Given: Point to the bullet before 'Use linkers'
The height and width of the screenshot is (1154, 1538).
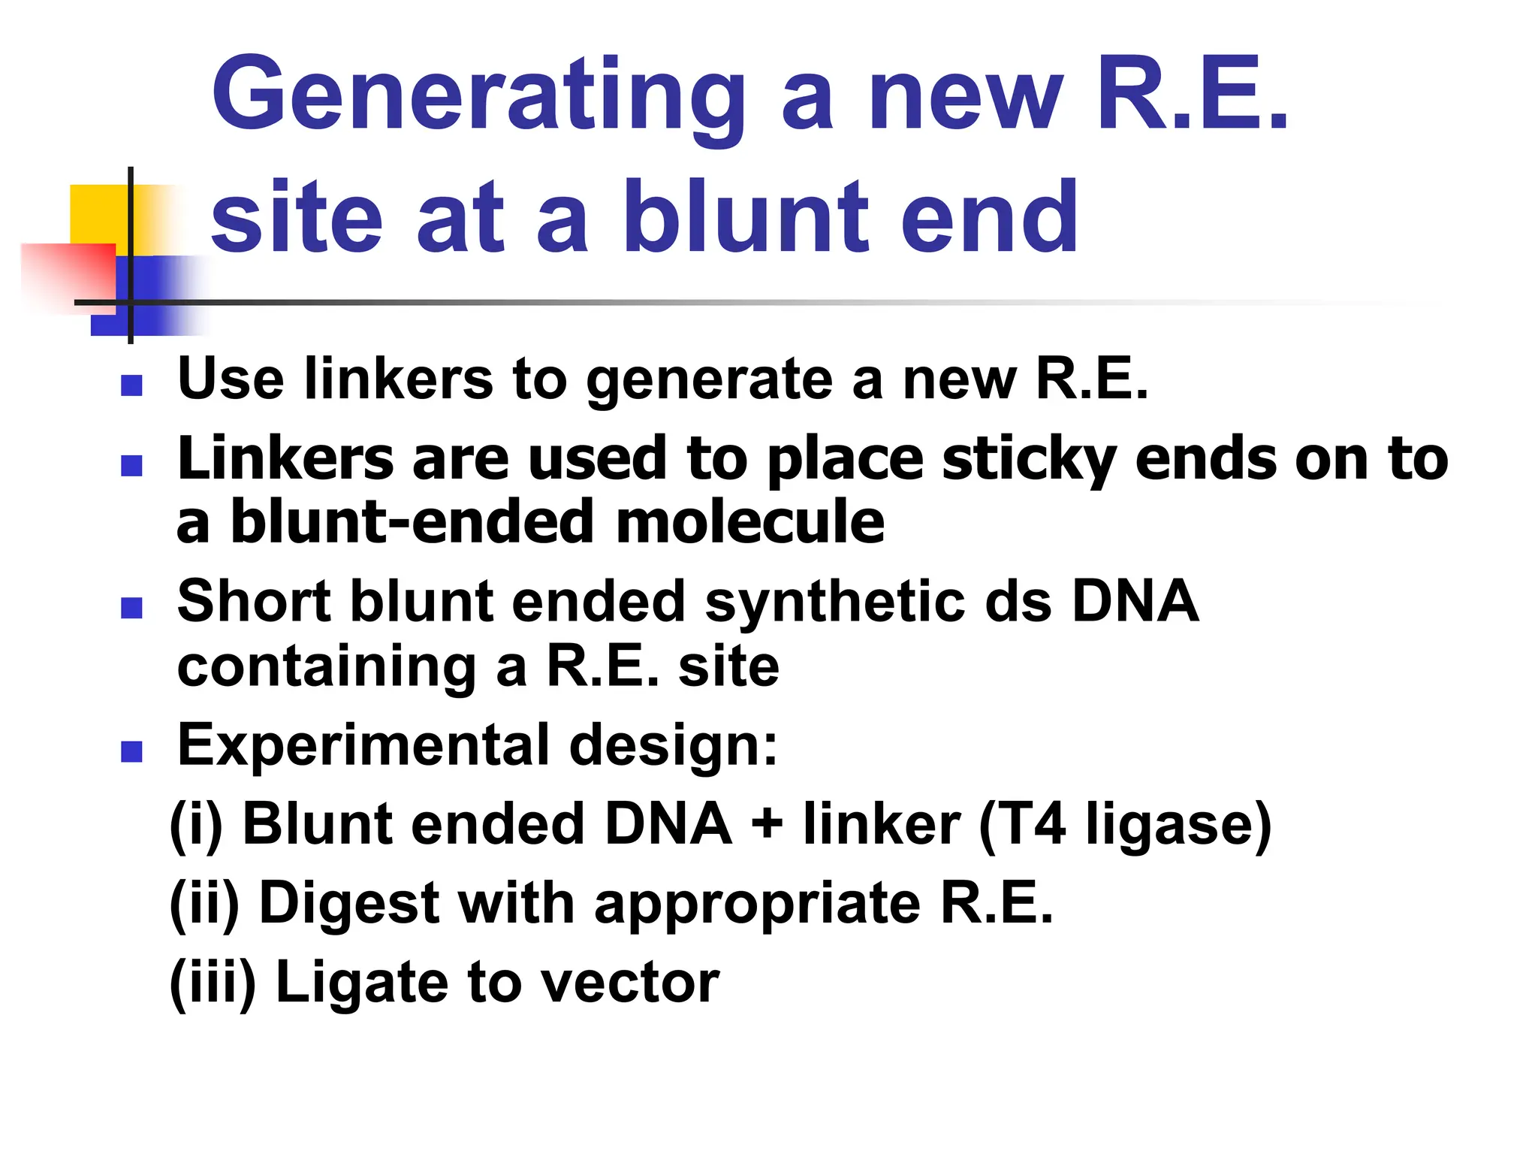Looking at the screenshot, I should tap(131, 385).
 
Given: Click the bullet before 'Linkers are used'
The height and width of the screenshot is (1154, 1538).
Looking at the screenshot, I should tap(131, 466).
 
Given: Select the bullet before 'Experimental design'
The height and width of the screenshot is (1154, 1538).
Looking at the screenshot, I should tap(131, 751).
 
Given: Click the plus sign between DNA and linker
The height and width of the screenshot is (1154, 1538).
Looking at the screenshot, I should tap(767, 823).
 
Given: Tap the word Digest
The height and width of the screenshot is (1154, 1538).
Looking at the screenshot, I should tap(348, 903).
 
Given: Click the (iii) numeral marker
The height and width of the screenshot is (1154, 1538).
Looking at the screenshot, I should tap(213, 983).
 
